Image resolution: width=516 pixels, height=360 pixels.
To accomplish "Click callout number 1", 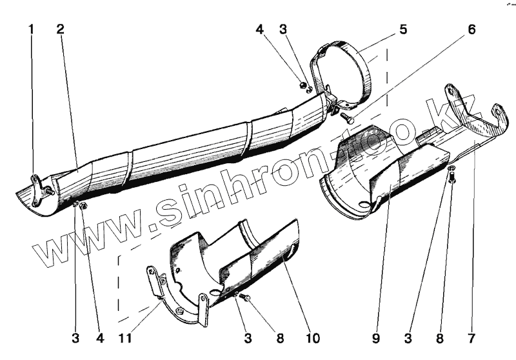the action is [30, 29].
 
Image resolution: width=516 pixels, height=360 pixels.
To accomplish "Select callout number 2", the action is [60, 29].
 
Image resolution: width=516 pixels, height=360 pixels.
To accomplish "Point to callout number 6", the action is [471, 29].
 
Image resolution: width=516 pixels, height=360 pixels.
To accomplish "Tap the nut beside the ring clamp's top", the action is [303, 84].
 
